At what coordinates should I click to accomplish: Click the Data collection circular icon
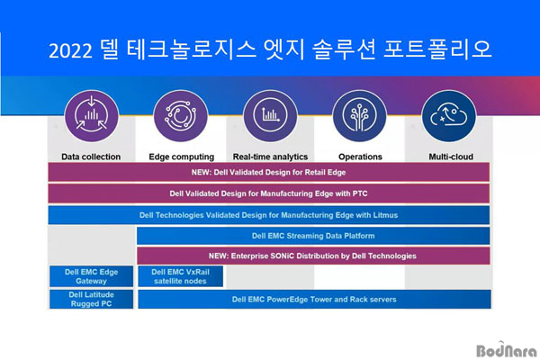[x=91, y=116]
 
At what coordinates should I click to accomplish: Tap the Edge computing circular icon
[x=181, y=116]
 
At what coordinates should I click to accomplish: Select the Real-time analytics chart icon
[x=270, y=116]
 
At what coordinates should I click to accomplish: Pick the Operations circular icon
[x=359, y=116]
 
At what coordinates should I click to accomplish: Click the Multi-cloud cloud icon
[x=449, y=116]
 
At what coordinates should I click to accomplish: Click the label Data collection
[x=91, y=157]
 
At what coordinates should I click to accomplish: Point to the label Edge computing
[x=182, y=157]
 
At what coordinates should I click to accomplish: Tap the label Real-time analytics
[x=270, y=157]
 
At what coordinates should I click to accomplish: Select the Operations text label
[x=360, y=157]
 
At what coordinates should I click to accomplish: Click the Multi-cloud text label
[x=451, y=157]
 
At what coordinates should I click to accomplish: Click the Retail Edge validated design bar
[x=268, y=172]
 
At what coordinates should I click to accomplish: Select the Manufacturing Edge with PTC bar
[x=268, y=193]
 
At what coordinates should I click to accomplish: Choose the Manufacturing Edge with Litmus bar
[x=268, y=215]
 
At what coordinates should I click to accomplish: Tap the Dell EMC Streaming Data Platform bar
[x=313, y=236]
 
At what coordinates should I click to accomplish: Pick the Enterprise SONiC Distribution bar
[x=313, y=256]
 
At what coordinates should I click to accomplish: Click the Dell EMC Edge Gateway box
[x=91, y=276]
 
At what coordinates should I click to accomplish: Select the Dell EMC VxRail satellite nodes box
[x=181, y=276]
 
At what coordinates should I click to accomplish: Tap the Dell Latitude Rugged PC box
[x=91, y=299]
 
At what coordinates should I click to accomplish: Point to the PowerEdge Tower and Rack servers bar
[x=314, y=299]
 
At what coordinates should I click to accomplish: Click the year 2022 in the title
[x=70, y=51]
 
